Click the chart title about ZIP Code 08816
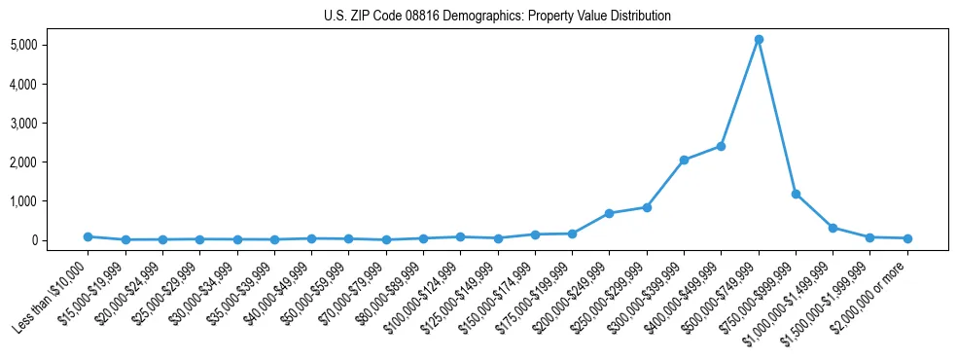[x=497, y=16]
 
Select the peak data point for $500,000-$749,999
[x=759, y=39]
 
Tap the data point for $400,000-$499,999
[x=721, y=146]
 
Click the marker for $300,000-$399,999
[x=684, y=160]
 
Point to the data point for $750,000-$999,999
[x=796, y=194]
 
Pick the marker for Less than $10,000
[x=88, y=236]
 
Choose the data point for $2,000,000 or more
[x=907, y=238]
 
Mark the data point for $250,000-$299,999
[x=647, y=207]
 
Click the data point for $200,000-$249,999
[x=609, y=213]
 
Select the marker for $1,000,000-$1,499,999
[x=833, y=228]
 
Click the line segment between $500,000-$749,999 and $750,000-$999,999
[x=777, y=117]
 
